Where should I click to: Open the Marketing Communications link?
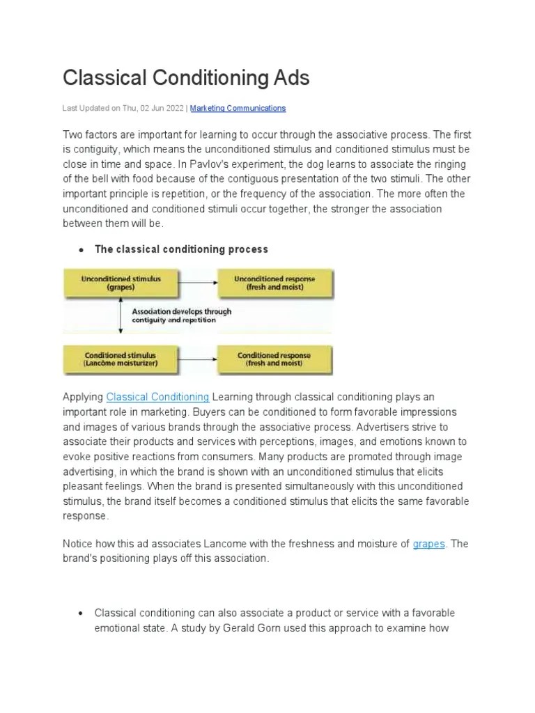pyautogui.click(x=238, y=109)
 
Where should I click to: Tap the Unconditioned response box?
pyautogui.click(x=274, y=283)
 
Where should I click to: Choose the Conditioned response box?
pyautogui.click(x=274, y=359)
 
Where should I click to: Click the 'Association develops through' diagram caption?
pyautogui.click(x=181, y=312)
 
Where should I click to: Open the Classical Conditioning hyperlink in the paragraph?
pyautogui.click(x=157, y=397)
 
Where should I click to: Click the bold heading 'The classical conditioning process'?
pyautogui.click(x=181, y=249)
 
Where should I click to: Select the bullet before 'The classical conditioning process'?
pyautogui.click(x=81, y=250)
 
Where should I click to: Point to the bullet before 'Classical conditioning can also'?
pyautogui.click(x=81, y=613)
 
